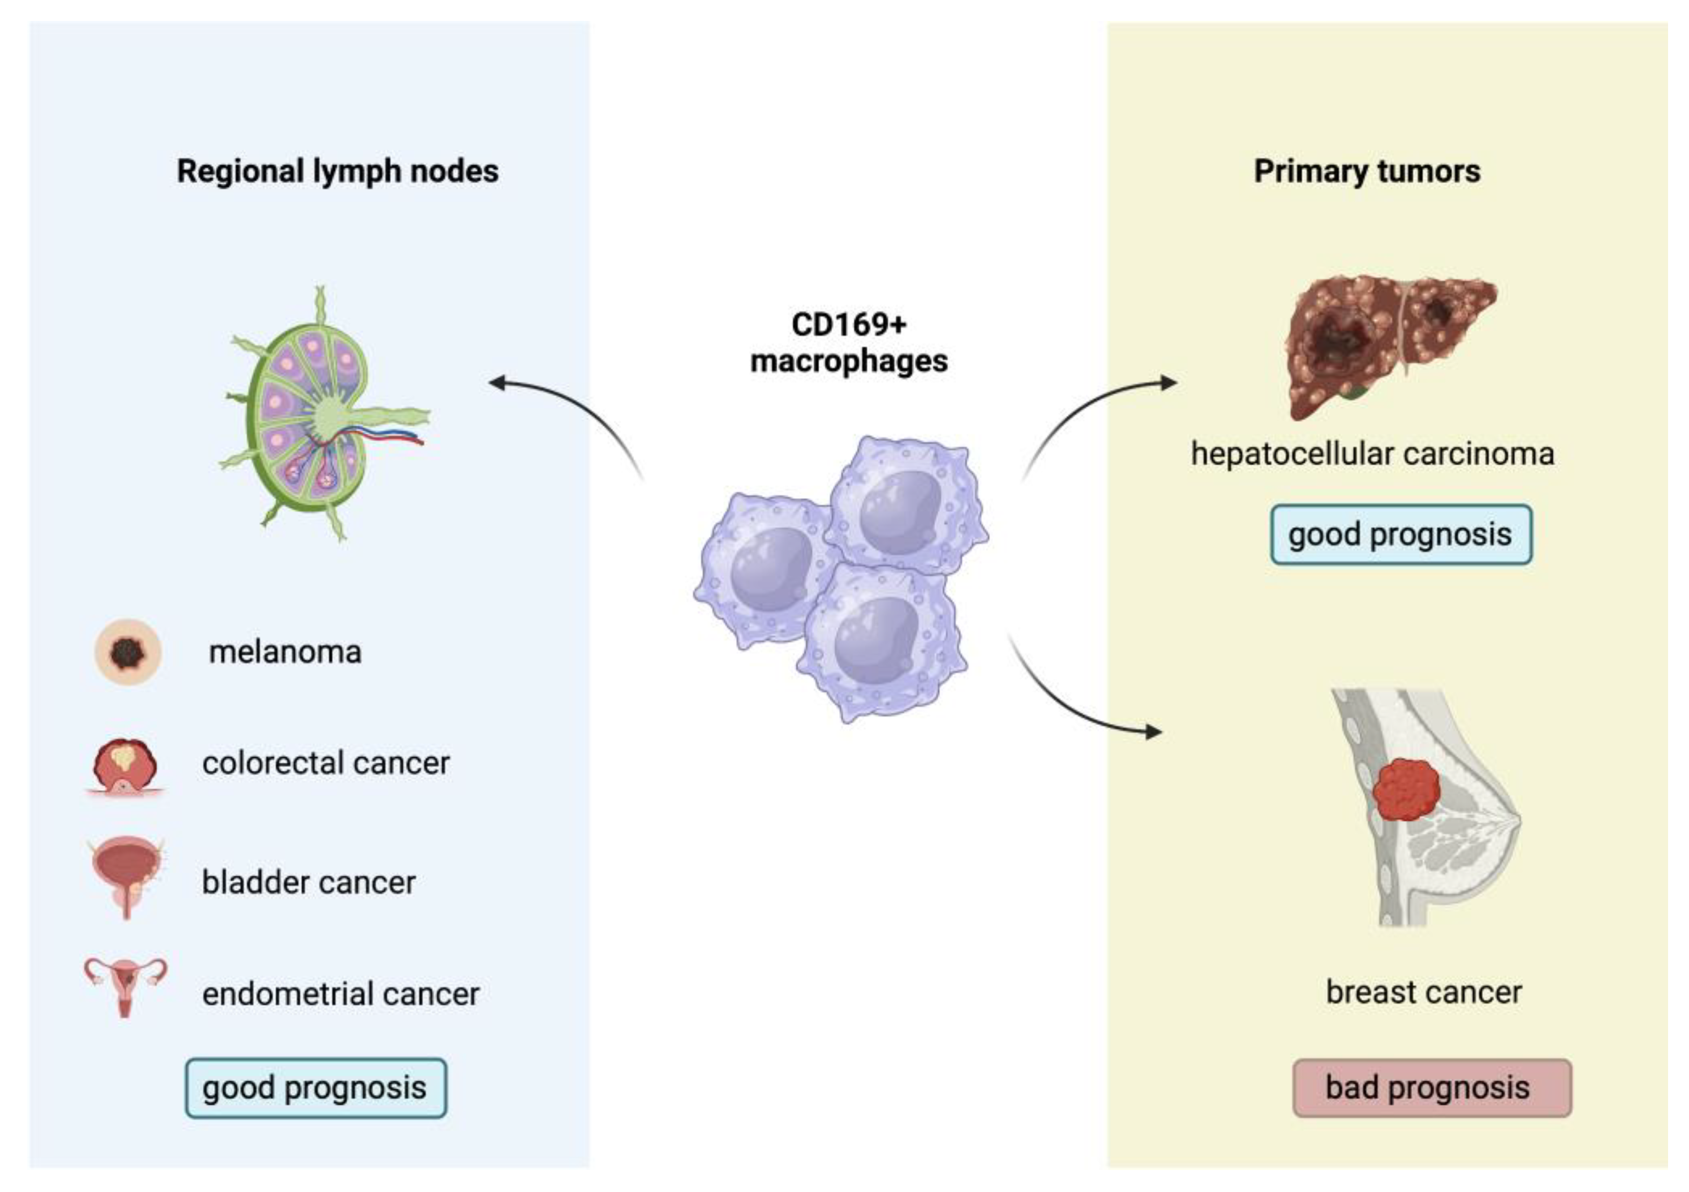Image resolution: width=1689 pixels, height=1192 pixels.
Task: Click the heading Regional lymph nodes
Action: (x=337, y=171)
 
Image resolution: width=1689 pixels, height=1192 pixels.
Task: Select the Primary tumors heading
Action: (x=1367, y=171)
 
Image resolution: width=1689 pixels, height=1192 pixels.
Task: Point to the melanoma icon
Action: (x=128, y=652)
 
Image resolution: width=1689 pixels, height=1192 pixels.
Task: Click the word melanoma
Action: (x=285, y=652)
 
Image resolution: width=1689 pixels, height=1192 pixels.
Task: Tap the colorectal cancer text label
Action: (x=326, y=763)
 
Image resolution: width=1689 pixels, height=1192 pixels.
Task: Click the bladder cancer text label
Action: (x=309, y=882)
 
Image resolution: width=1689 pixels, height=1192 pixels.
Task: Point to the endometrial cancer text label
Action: (x=341, y=994)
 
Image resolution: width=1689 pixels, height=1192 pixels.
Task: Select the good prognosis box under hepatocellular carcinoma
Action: (x=1401, y=535)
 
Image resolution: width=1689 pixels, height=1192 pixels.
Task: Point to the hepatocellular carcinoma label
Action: (x=1372, y=454)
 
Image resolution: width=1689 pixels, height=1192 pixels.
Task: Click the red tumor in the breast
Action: (x=1406, y=790)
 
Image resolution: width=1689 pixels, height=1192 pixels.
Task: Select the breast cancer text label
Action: (x=1423, y=992)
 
